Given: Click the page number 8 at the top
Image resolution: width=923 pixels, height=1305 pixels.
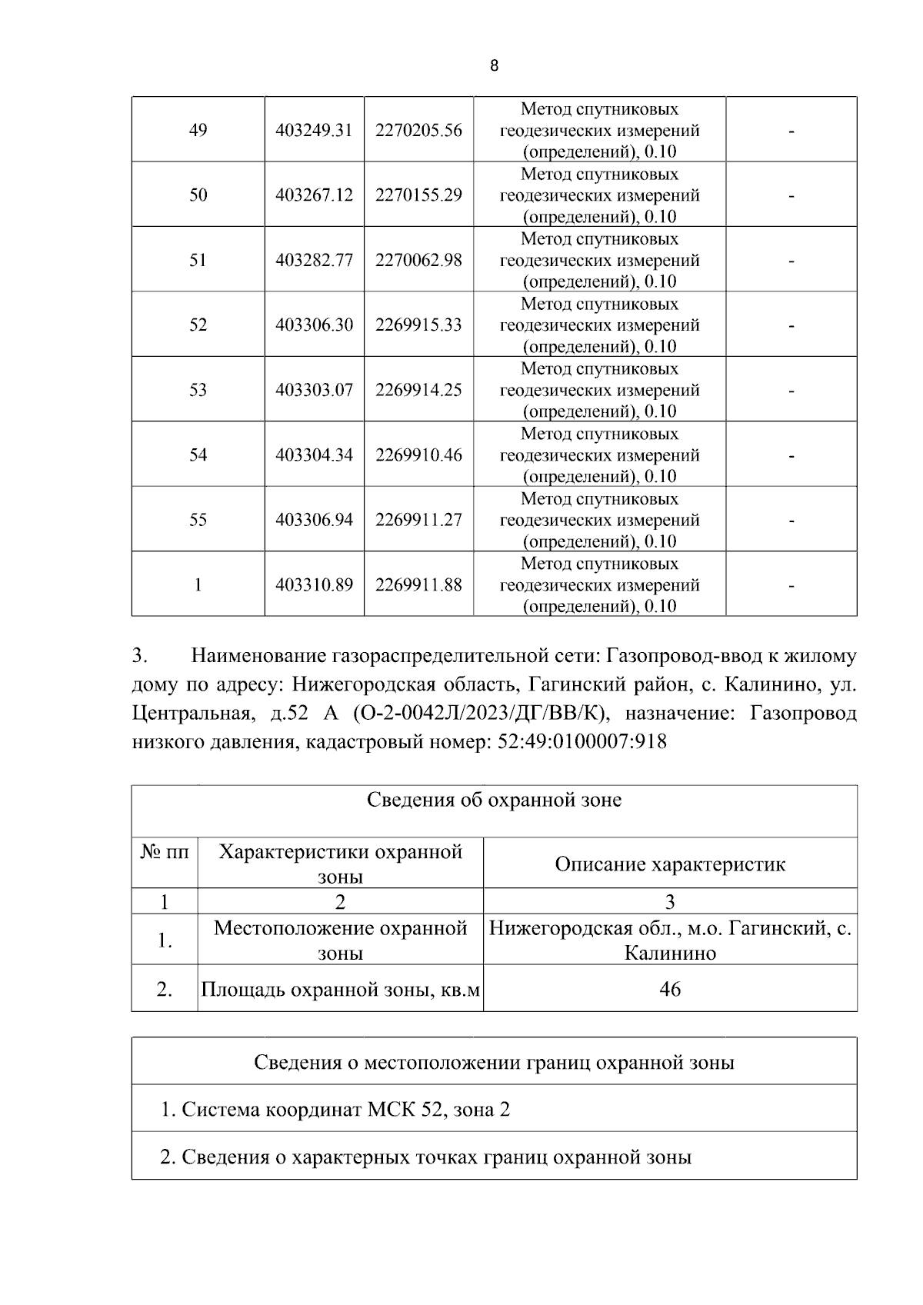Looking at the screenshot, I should [x=494, y=66].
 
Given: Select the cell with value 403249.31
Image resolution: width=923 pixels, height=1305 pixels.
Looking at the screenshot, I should [x=314, y=130].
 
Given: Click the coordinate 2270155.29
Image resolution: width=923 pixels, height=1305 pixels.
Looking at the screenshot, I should [x=418, y=195].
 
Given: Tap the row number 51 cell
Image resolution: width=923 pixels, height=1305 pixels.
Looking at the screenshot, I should [x=198, y=260].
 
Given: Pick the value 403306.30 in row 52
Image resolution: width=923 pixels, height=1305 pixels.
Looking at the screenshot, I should [x=314, y=325].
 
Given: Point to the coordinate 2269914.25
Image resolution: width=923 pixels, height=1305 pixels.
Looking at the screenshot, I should [x=418, y=390].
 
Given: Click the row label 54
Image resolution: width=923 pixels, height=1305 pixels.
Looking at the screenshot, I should [x=198, y=454].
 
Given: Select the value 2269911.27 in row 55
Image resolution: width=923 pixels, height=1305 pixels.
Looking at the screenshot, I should [x=418, y=520].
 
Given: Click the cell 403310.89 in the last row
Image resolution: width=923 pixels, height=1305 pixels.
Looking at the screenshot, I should [x=314, y=584].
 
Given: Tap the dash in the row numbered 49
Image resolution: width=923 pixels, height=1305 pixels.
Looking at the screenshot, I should [x=791, y=131].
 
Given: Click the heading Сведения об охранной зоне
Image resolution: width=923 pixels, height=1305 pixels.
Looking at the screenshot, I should [x=494, y=801].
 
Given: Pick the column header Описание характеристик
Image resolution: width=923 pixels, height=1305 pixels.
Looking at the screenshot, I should [x=670, y=864].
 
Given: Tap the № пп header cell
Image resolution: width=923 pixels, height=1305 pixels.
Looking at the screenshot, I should [x=165, y=852].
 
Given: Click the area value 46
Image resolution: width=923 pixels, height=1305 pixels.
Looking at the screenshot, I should [x=670, y=989].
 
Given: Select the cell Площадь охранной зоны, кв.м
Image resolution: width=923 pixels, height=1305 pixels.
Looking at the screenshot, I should [x=340, y=990].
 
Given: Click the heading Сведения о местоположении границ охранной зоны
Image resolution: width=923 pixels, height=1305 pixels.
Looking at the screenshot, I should [x=494, y=1063].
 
